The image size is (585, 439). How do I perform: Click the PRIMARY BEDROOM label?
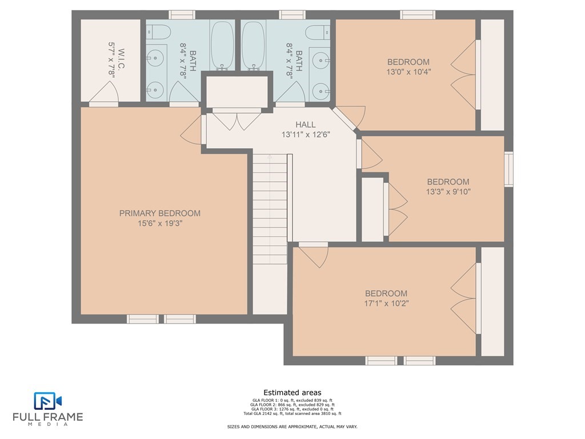(160, 213)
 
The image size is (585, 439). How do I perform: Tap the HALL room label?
(306, 125)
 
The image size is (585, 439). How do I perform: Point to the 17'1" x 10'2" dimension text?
(386, 303)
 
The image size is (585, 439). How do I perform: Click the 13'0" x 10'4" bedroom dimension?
(408, 71)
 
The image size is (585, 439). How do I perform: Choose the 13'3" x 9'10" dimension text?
(448, 192)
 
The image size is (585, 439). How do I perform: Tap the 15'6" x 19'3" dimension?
(160, 224)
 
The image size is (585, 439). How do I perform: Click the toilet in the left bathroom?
(158, 32)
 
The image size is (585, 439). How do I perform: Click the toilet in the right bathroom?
(318, 32)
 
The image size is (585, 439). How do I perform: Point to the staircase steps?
(270, 209)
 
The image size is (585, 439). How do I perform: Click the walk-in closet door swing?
(104, 93)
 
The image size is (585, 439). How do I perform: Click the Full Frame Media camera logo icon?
(48, 401)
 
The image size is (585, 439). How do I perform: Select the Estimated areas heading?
(292, 393)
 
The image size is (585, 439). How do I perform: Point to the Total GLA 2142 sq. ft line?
(292, 414)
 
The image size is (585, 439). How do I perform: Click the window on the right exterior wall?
(508, 169)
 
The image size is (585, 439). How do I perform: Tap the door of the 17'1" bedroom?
(314, 255)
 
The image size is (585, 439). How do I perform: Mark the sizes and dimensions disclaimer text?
(292, 426)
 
